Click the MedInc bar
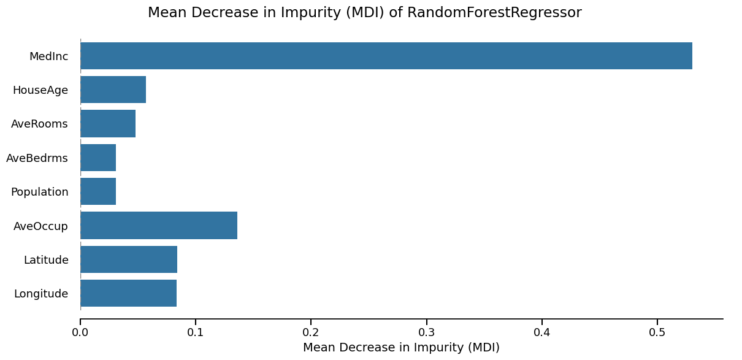click(x=386, y=56)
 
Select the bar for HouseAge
click(x=113, y=90)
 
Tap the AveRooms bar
click(x=108, y=124)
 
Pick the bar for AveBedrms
click(x=98, y=158)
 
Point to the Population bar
click(x=98, y=191)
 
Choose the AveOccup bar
click(x=159, y=225)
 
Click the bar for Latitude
click(x=129, y=259)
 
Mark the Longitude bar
click(x=128, y=293)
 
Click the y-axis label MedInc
click(x=49, y=56)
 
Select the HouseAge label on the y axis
click(x=40, y=90)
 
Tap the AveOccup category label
click(x=41, y=226)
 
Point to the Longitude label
click(x=41, y=294)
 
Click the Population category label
click(x=40, y=192)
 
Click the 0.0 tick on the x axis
click(x=80, y=333)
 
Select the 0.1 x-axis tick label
click(x=196, y=333)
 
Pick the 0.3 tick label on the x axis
click(x=426, y=333)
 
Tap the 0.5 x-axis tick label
click(x=657, y=333)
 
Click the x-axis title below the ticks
click(x=401, y=348)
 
